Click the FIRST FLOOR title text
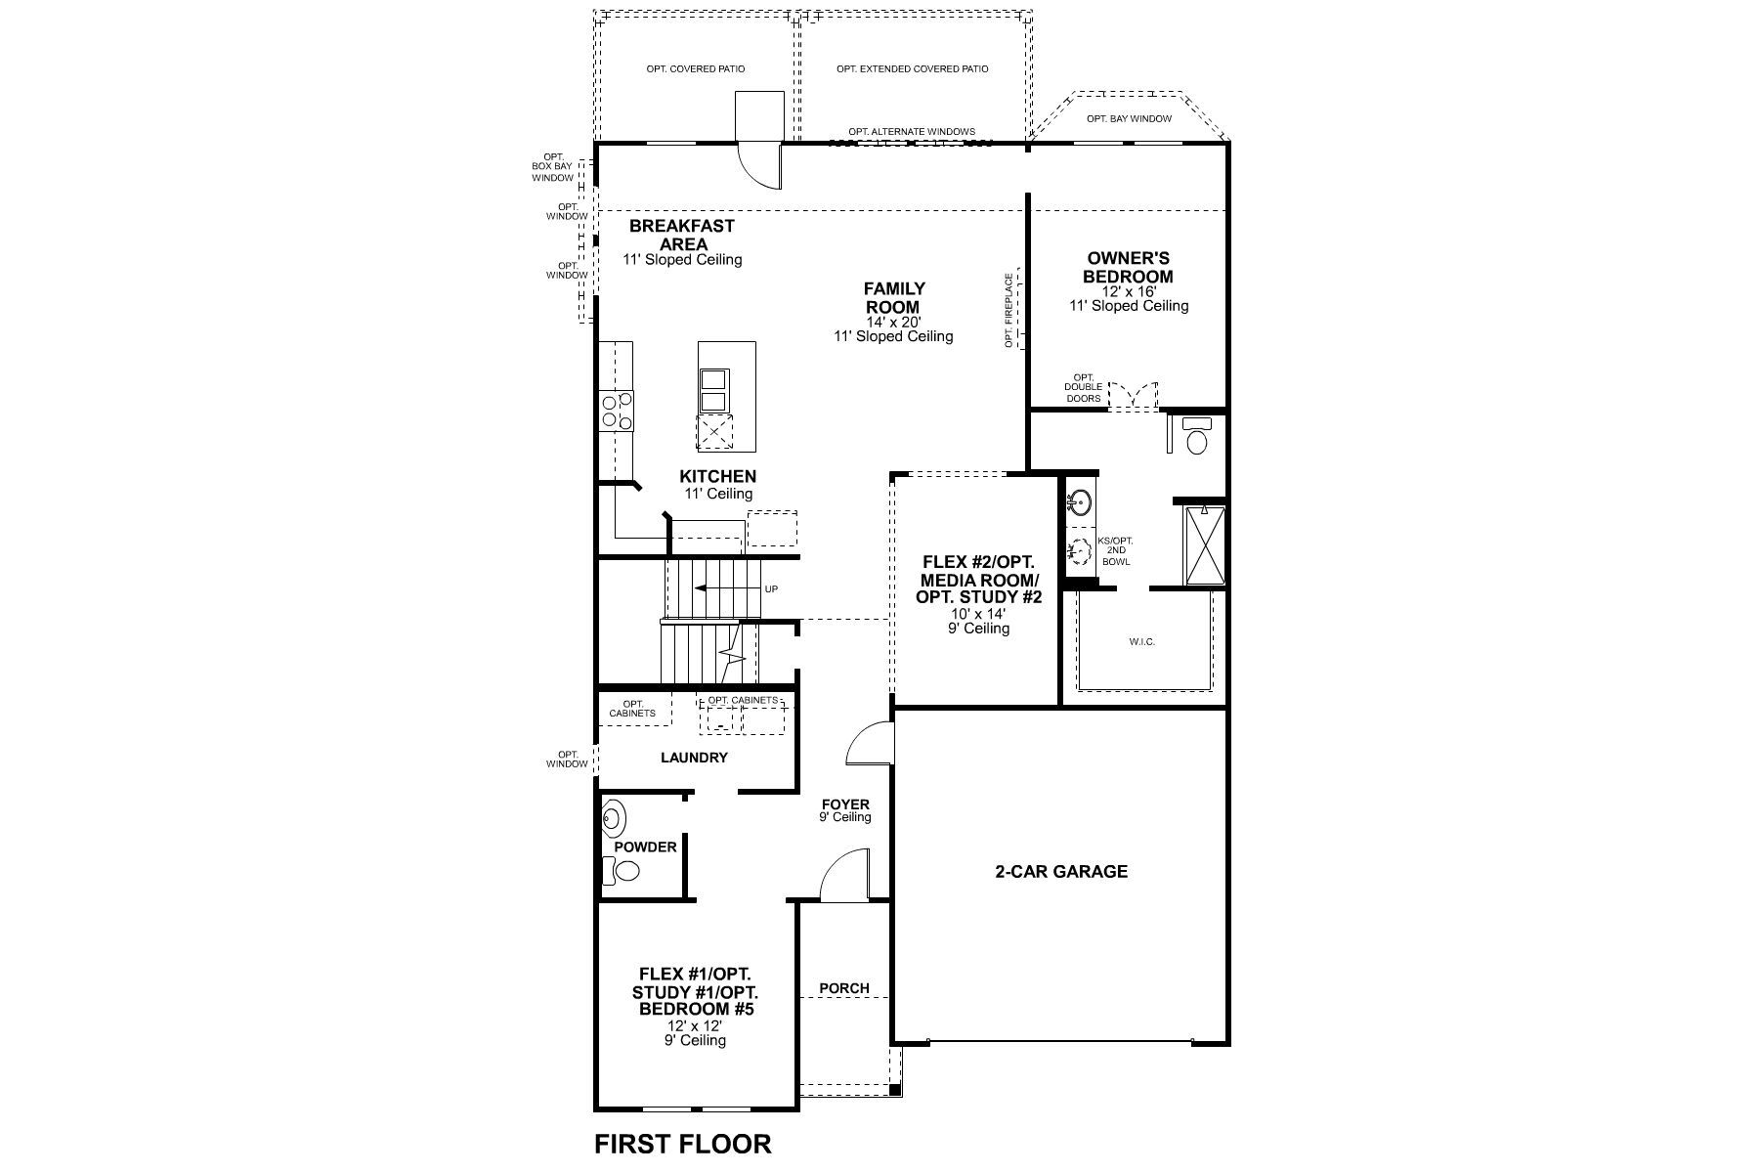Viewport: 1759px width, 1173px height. pyautogui.click(x=683, y=1144)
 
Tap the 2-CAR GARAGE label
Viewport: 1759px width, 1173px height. pyautogui.click(x=1061, y=871)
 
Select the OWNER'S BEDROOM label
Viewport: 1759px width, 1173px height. pyautogui.click(x=1129, y=268)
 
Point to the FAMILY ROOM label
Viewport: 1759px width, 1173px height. pyautogui.click(x=893, y=297)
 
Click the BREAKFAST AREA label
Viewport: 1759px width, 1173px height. pyautogui.click(x=682, y=235)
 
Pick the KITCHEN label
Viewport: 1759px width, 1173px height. pyautogui.click(x=718, y=476)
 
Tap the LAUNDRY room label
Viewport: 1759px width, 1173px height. pyautogui.click(x=694, y=758)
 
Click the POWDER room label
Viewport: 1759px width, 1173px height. pyautogui.click(x=645, y=847)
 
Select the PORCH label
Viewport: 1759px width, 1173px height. pyautogui.click(x=844, y=988)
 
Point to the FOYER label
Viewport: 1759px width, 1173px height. pyautogui.click(x=845, y=804)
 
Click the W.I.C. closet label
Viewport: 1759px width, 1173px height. pyautogui.click(x=1141, y=642)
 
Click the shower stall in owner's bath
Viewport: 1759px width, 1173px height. pyautogui.click(x=1205, y=544)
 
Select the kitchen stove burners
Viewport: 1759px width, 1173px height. pyautogui.click(x=617, y=411)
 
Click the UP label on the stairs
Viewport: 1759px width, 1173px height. pyautogui.click(x=771, y=588)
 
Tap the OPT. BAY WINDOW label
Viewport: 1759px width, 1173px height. pyautogui.click(x=1129, y=119)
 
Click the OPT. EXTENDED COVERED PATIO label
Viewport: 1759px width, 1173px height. pyautogui.click(x=913, y=69)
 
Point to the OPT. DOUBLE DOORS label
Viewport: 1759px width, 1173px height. pyautogui.click(x=1083, y=388)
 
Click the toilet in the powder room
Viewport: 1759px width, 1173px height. pyautogui.click(x=622, y=870)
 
